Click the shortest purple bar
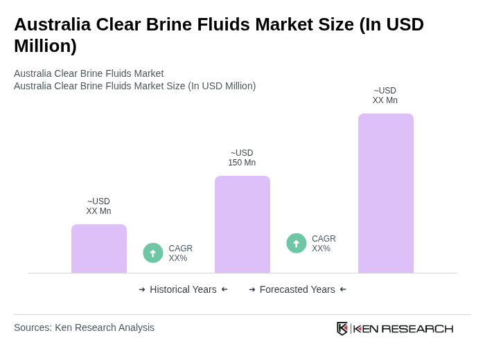coord(99,249)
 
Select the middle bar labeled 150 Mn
coord(242,224)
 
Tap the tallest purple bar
coord(386,193)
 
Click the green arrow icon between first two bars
coord(153,253)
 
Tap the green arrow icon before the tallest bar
coord(297,243)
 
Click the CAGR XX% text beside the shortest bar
coord(181,253)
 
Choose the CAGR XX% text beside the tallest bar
coord(324,244)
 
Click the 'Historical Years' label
coord(183,289)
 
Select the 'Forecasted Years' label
coord(297,289)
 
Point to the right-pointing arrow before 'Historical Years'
coord(142,289)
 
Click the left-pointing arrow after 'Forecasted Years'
coord(343,289)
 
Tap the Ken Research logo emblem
coord(342,328)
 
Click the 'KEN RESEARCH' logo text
coord(403,328)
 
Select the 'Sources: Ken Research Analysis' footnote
coord(84,327)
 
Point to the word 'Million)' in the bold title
coord(45,46)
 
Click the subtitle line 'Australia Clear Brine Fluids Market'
coord(89,73)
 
